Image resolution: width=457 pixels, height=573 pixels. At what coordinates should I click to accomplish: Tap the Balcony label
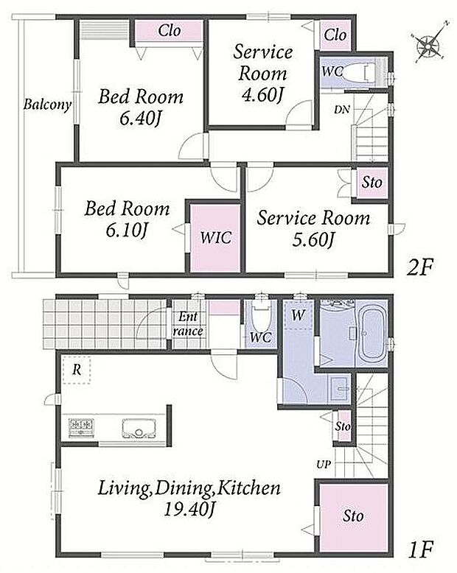[x=47, y=105]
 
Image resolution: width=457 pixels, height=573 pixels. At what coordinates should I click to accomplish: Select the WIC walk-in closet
[x=216, y=239]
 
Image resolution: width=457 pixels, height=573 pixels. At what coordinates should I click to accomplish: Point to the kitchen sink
[x=139, y=429]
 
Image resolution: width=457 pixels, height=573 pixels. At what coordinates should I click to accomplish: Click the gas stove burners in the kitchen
[x=81, y=426]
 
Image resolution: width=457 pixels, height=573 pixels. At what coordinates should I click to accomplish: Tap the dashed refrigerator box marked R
[x=77, y=370]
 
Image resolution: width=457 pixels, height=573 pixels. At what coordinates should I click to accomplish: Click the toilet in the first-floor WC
[x=261, y=317]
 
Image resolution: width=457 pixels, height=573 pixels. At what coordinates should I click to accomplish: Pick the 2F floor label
[x=419, y=268]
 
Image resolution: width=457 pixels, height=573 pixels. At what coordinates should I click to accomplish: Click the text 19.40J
[x=188, y=509]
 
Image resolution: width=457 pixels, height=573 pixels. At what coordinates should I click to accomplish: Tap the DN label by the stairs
[x=341, y=109]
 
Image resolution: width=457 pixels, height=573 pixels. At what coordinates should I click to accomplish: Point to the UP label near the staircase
[x=324, y=464]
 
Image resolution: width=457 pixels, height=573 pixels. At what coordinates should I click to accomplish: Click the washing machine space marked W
[x=299, y=315]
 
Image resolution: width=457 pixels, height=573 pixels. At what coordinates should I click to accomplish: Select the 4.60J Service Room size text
[x=262, y=95]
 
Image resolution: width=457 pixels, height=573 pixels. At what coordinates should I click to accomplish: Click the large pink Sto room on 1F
[x=353, y=518]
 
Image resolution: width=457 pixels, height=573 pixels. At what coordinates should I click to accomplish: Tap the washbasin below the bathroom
[x=340, y=389]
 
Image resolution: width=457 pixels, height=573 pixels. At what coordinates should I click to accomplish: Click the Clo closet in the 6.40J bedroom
[x=169, y=31]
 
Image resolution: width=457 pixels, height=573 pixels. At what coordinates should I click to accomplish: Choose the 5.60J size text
[x=313, y=239]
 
